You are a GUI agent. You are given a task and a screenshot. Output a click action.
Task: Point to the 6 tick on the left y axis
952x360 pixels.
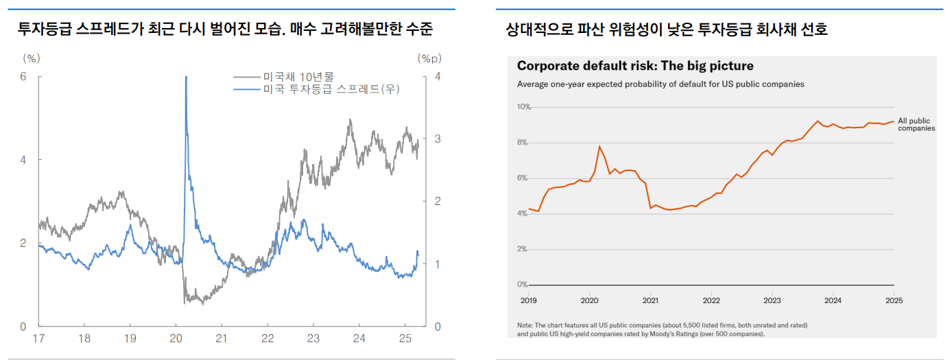tap(23, 77)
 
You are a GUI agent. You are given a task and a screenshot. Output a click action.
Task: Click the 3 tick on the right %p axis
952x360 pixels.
tap(438, 139)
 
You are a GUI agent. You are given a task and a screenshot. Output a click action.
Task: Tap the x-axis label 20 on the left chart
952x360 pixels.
tap(175, 339)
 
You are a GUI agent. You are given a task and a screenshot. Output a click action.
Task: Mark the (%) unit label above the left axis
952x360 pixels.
tap(32, 59)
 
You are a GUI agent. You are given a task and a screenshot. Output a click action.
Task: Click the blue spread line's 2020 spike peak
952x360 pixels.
tap(186, 78)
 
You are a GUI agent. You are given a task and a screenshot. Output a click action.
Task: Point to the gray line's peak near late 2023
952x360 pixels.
tap(350, 120)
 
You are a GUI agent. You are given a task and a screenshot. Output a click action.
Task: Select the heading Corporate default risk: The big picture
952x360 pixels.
tap(634, 66)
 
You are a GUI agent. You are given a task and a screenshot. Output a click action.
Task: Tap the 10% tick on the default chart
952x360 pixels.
tap(523, 107)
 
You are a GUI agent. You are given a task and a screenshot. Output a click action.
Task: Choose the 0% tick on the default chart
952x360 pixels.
tap(523, 285)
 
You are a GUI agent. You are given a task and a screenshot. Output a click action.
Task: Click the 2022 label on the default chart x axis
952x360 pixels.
tap(711, 300)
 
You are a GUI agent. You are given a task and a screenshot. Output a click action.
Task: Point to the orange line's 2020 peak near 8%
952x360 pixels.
tap(600, 146)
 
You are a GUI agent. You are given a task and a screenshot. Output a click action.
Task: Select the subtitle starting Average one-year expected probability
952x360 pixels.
tap(660, 84)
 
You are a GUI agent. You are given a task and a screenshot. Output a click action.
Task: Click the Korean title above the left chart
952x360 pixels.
tap(225, 29)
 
